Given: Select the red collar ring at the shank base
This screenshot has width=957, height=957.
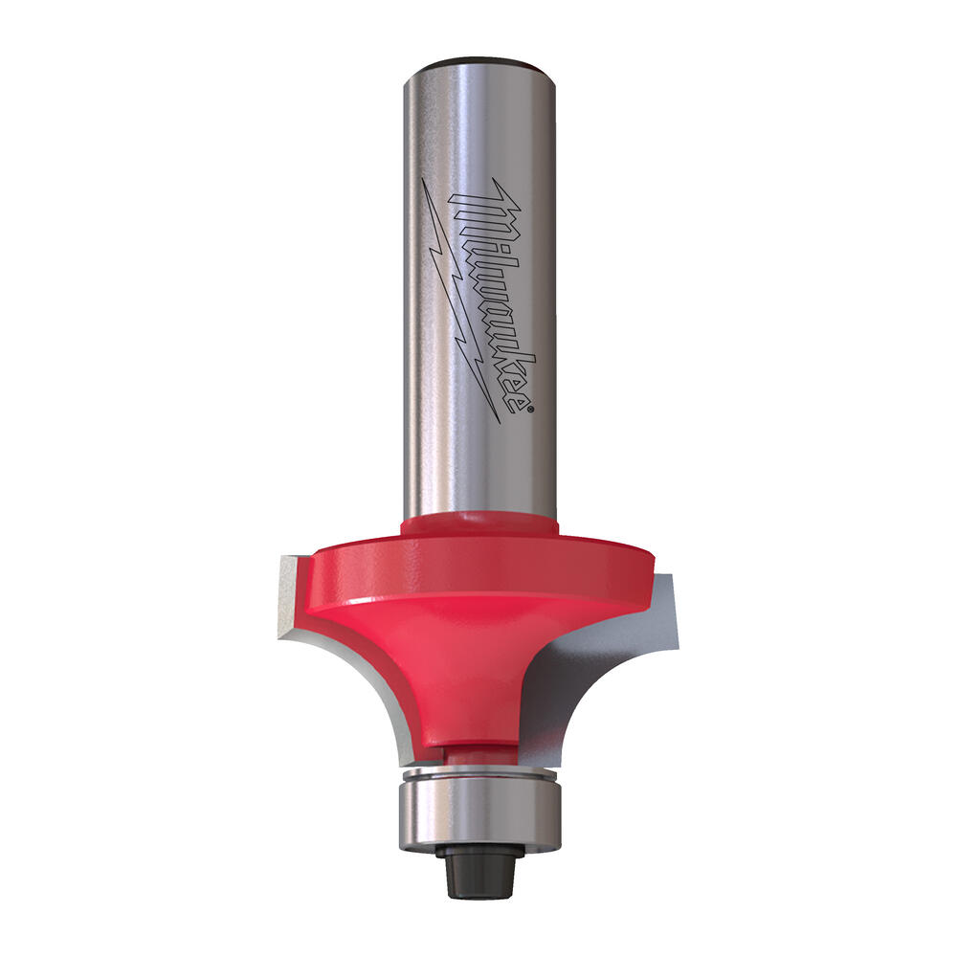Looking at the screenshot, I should tap(478, 524).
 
